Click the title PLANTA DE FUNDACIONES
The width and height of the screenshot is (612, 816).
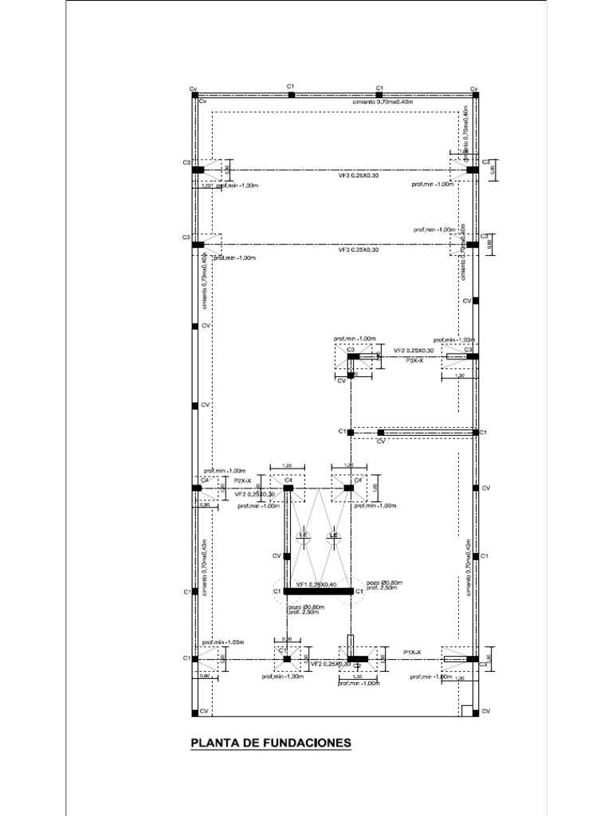click(270, 743)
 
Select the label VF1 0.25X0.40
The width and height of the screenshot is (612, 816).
click(316, 584)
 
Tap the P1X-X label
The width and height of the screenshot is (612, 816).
click(412, 652)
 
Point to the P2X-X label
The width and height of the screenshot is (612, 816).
click(243, 481)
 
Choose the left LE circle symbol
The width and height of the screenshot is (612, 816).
click(303, 535)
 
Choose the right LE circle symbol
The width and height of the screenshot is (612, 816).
click(334, 535)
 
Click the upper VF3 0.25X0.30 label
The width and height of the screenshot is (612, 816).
click(358, 175)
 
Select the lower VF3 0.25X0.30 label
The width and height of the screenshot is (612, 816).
click(358, 250)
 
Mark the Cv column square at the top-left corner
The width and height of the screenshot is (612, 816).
click(194, 95)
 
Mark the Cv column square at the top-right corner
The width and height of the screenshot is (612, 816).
click(475, 95)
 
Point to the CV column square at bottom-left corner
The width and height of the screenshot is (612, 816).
click(194, 711)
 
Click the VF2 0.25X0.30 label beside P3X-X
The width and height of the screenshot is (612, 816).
click(414, 351)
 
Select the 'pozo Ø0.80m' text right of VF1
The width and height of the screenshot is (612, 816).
click(384, 583)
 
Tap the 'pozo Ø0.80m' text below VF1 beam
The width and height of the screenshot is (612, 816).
click(306, 607)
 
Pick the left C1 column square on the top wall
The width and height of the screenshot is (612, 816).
click(292, 95)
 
